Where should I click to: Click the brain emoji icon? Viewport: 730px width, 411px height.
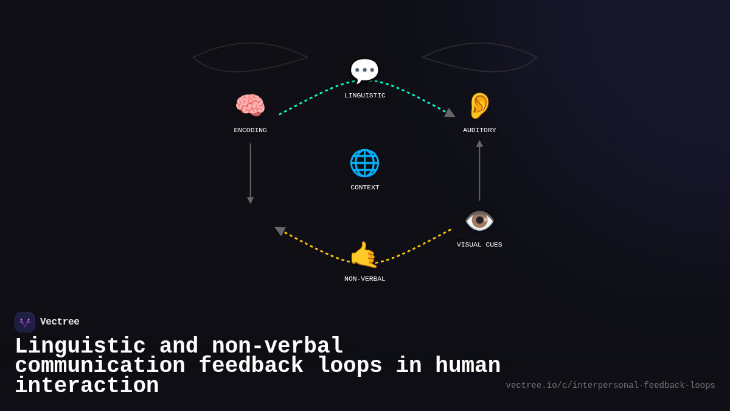coord(250,105)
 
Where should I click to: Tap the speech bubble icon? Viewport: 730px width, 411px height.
coord(364,71)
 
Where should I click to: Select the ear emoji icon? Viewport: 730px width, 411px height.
coord(479,106)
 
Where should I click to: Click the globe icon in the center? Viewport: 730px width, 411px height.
coord(364,163)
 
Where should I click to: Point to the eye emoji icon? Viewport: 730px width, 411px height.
coord(479,220)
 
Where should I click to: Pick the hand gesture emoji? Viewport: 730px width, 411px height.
coord(364,255)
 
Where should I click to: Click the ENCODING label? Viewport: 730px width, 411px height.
coord(250,130)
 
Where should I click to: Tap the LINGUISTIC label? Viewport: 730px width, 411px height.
coord(365,96)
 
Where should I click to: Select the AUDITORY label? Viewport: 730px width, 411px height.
coord(479,130)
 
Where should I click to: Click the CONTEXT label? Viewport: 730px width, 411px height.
coord(365,188)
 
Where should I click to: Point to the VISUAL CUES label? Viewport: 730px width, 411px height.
coord(479,245)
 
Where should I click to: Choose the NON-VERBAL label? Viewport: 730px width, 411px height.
coord(365,279)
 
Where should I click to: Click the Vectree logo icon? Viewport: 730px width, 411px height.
coord(25,322)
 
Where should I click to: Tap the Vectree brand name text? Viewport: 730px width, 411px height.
coord(60,322)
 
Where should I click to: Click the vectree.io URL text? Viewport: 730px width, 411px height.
coord(610,385)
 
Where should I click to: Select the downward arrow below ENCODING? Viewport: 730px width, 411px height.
coord(250,174)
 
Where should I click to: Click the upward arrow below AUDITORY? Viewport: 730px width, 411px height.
coord(479,170)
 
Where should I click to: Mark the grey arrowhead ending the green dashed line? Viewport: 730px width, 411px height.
coord(450,113)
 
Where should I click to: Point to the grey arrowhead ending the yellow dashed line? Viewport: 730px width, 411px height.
coord(280,231)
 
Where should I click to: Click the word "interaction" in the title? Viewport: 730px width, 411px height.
coord(87,386)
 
